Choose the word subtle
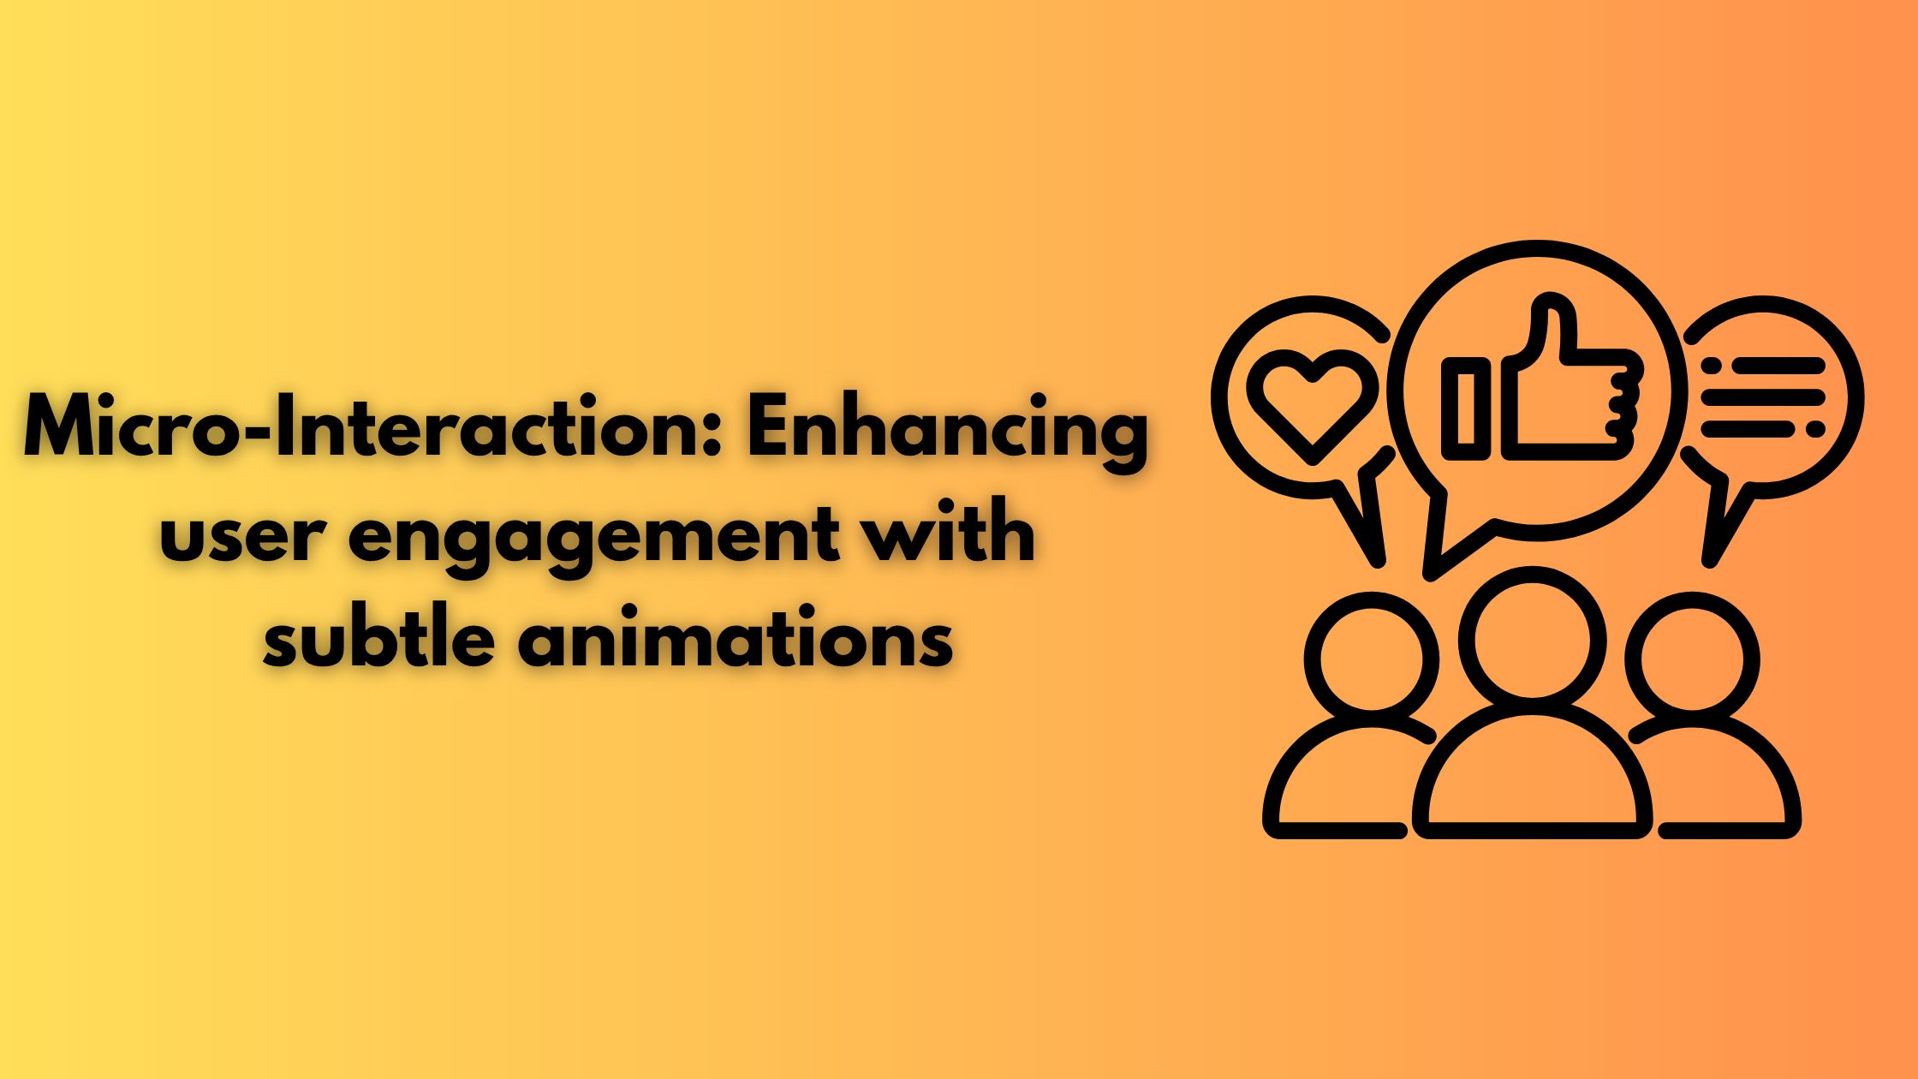[x=378, y=638]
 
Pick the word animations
[x=736, y=638]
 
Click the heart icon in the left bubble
[x=1312, y=402]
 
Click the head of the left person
[x=1371, y=659]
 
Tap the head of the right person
[x=1692, y=660]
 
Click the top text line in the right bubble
[x=1763, y=367]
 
